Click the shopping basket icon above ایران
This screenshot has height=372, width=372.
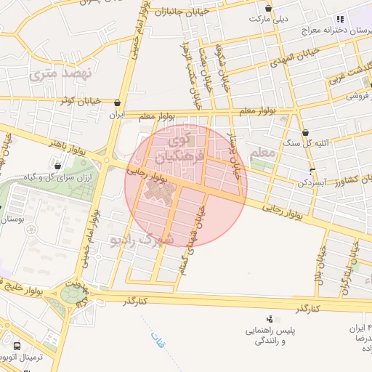117,104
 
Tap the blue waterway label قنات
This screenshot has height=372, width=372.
156,338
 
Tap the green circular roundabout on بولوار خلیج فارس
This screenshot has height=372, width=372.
71,294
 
